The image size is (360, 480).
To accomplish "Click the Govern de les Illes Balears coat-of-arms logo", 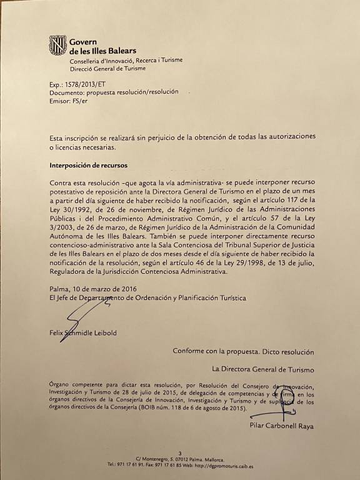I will [57, 46].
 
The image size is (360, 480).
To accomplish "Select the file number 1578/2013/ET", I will [86, 83].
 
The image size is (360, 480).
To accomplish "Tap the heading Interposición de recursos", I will [88, 166].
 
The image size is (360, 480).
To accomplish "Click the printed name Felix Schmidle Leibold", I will [82, 333].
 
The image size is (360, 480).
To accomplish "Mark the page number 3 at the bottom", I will [180, 453].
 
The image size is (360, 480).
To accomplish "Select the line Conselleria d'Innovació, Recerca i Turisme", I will [126, 61].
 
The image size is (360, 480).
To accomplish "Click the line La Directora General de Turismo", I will [263, 369].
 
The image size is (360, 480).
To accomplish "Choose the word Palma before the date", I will [61, 289].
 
